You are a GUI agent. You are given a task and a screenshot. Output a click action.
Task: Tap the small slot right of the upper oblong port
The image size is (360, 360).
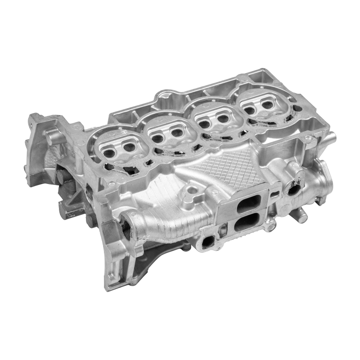pyautogui.click(x=274, y=194)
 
